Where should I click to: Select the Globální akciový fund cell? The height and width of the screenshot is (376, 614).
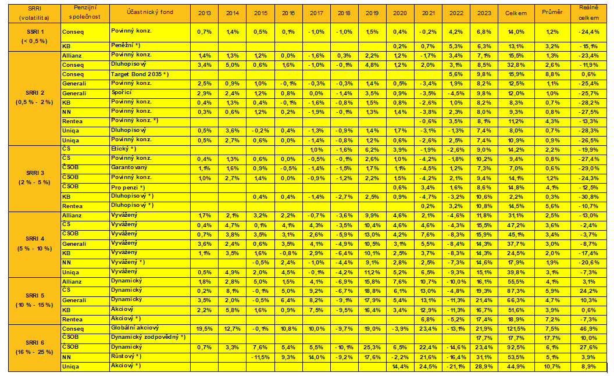click(x=136, y=328)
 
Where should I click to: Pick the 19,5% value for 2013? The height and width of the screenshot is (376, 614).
click(x=205, y=328)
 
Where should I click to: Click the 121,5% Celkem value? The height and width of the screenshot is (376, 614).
click(x=516, y=328)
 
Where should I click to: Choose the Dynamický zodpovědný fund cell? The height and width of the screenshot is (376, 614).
click(x=148, y=338)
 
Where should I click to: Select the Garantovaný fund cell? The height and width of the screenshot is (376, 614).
click(x=131, y=168)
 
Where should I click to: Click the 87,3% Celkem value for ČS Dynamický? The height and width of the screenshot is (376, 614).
click(x=516, y=291)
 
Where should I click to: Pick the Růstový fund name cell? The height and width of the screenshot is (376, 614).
click(x=126, y=357)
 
